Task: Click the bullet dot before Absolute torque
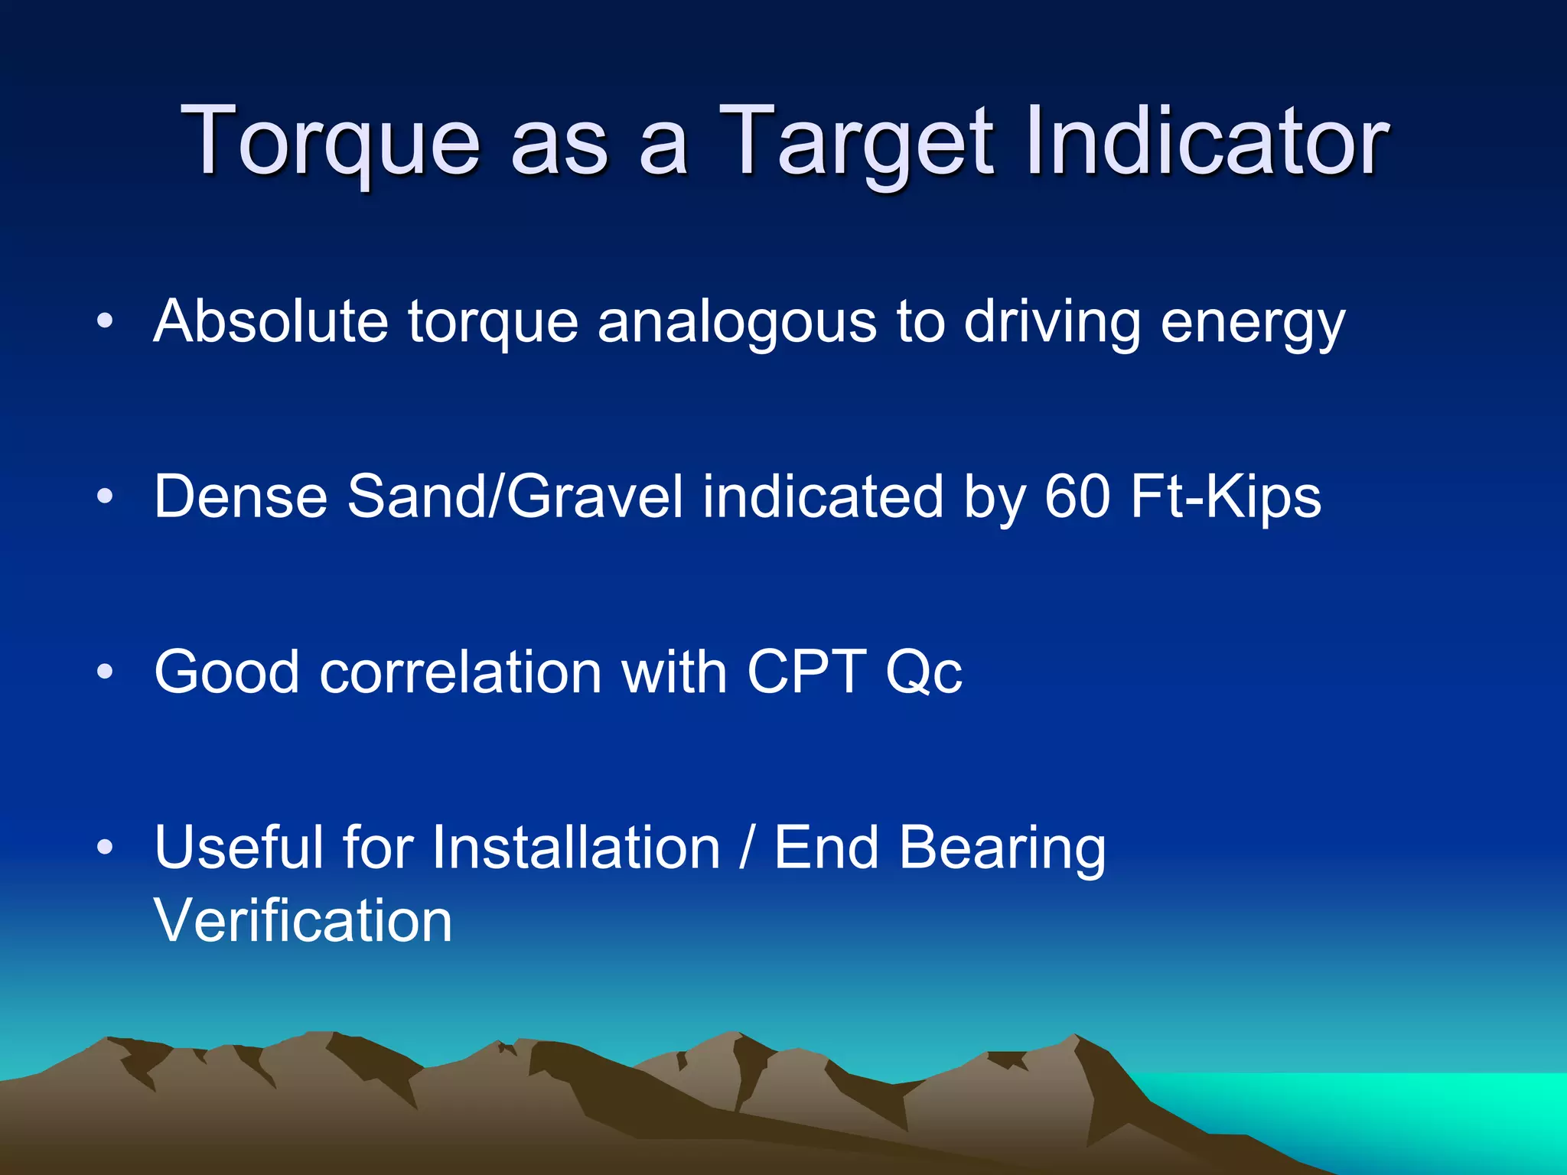[x=105, y=321]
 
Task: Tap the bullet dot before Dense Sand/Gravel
[x=105, y=496]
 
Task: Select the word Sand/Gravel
[x=515, y=496]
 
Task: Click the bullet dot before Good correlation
[x=105, y=672]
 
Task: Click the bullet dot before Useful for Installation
[x=105, y=847]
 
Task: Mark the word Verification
[x=303, y=919]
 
